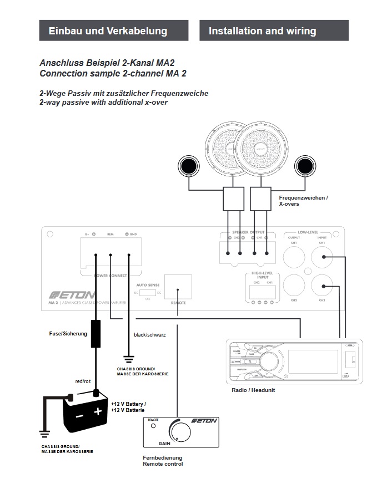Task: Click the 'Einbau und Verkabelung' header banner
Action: [108, 31]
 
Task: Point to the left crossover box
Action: [233, 198]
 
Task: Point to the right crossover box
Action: [260, 198]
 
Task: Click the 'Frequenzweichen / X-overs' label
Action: [303, 201]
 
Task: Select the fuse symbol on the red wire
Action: [96, 334]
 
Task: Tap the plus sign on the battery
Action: [98, 411]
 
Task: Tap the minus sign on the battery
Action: [80, 414]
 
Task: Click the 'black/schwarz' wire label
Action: [150, 335]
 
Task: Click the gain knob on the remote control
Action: [179, 432]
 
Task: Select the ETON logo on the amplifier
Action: [72, 294]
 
